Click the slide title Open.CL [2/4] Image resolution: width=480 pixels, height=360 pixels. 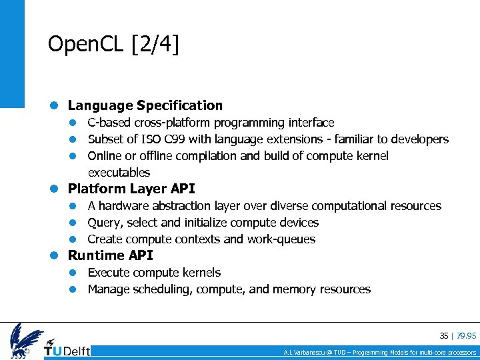(114, 45)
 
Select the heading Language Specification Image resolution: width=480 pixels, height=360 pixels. (145, 105)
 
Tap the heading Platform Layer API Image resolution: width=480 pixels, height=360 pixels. (131, 189)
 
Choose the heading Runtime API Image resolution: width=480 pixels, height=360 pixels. (110, 255)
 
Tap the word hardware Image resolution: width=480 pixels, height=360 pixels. (121, 206)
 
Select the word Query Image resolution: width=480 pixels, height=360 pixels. (103, 223)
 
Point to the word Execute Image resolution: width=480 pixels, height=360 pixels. (109, 273)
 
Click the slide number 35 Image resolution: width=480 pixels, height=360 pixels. (444, 335)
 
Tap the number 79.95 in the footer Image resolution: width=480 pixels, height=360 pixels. (466, 335)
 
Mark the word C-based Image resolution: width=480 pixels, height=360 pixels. (109, 123)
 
